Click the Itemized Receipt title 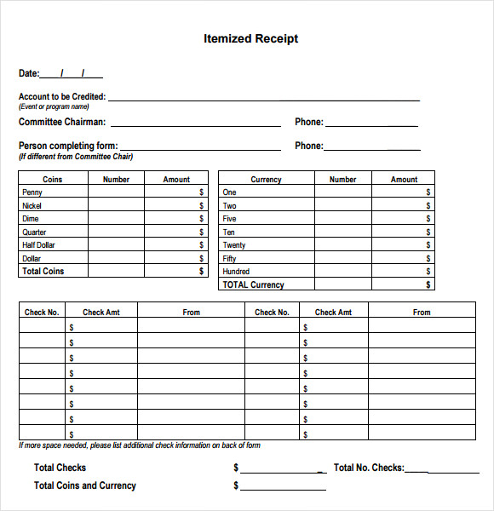pos(250,38)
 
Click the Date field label pos(29,74)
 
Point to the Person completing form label pos(68,146)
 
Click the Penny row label pos(32,192)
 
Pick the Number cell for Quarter pos(116,233)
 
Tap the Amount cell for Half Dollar pos(175,245)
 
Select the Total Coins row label pos(43,272)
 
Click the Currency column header pos(266,180)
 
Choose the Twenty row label pos(234,245)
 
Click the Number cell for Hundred pos(342,272)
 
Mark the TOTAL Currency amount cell pos(403,284)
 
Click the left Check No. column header pos(42,313)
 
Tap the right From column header pos(422,313)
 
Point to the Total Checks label pos(60,468)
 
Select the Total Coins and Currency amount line pos(283,487)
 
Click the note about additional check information pos(140,445)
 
